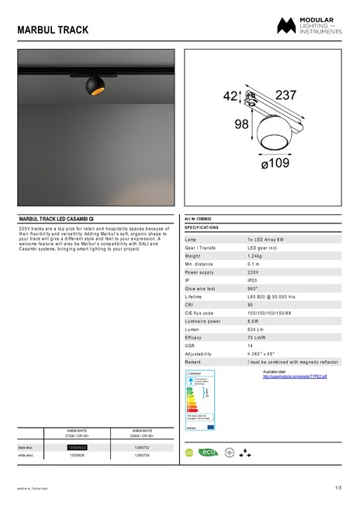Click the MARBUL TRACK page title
53,30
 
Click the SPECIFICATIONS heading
202,228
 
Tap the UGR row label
190,345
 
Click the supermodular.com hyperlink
295,376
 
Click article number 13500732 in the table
142,448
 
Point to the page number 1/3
338,487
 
